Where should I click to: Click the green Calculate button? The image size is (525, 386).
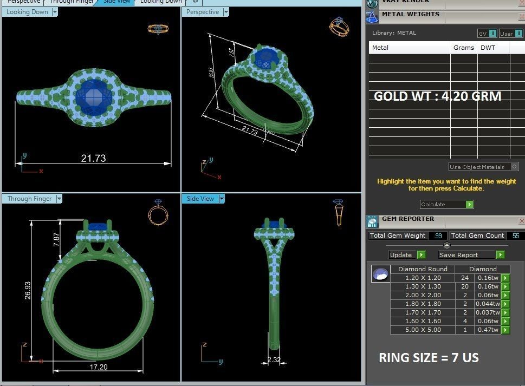tap(469, 204)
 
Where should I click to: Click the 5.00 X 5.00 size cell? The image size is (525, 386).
tap(423, 330)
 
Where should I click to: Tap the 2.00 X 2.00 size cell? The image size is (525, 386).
tap(423, 295)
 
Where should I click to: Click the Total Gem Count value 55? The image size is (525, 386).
tap(515, 235)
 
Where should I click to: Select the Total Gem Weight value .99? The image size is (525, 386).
tap(437, 235)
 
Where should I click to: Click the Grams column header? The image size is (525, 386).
tap(463, 48)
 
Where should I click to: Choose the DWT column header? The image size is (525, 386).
tap(487, 48)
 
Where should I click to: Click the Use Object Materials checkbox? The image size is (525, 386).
tap(514, 167)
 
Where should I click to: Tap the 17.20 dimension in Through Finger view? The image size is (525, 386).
tap(98, 367)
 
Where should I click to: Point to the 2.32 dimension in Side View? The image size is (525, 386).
tap(274, 359)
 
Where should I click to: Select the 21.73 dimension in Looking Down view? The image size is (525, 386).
tap(93, 158)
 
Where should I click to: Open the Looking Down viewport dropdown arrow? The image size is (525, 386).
tap(55, 12)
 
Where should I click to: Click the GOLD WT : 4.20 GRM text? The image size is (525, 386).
tap(437, 96)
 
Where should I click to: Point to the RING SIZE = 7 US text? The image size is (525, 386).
tap(428, 358)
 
